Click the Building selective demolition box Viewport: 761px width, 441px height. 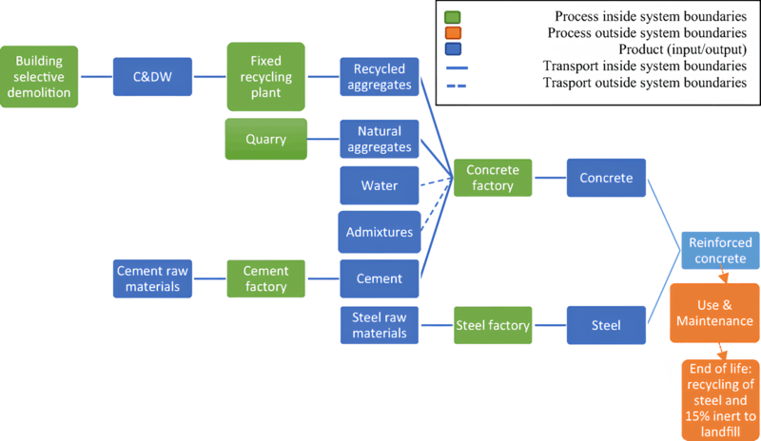pos(38,75)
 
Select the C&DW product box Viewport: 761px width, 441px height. pos(152,75)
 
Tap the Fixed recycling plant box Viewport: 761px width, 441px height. pos(266,75)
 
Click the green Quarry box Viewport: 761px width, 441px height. pos(265,139)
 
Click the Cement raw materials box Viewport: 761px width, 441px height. pos(152,278)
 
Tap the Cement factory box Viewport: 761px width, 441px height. pos(265,278)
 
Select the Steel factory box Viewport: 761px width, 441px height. pos(492,325)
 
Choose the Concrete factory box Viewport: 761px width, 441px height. pos(492,178)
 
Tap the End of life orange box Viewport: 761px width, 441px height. pos(720,398)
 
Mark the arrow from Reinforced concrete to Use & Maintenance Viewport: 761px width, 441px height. pos(723,277)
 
